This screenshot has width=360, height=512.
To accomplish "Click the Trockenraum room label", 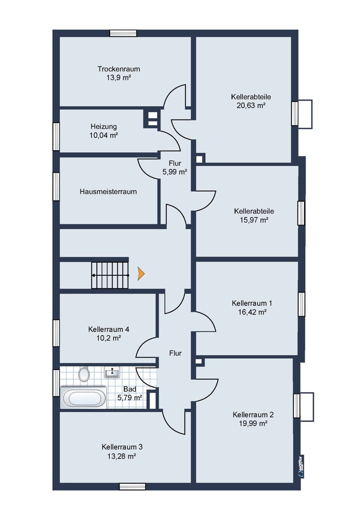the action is point(119,69).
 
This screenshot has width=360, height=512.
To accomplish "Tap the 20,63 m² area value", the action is point(251,106).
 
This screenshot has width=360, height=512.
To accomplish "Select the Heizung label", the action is point(104,127).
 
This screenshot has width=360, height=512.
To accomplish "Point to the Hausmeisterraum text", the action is point(108,192).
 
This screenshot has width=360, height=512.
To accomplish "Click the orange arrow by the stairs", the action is point(141,274).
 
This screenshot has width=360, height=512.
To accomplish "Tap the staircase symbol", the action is point(110,275).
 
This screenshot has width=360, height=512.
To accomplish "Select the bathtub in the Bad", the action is point(83,398).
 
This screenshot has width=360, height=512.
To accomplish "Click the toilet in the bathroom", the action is point(84,374).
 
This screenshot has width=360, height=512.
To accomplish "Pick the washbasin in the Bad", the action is point(112,372).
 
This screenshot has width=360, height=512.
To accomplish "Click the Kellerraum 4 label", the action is point(109,329).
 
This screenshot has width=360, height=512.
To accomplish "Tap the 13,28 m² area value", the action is point(121,456).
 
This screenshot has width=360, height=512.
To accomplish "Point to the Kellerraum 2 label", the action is point(253,415).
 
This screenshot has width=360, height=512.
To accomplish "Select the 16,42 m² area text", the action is point(252,312).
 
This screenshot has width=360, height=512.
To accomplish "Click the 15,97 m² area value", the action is point(254,220).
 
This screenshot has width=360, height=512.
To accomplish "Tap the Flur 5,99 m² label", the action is point(175,168).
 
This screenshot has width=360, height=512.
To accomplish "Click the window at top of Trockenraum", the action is point(123,33).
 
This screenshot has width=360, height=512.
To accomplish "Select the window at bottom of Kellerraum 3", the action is point(132,486).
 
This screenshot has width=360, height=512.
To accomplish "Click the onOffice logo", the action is point(301,466).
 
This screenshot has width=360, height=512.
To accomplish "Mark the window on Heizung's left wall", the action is point(56,136).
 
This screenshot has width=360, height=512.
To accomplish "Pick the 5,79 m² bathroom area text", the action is point(130,398).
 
